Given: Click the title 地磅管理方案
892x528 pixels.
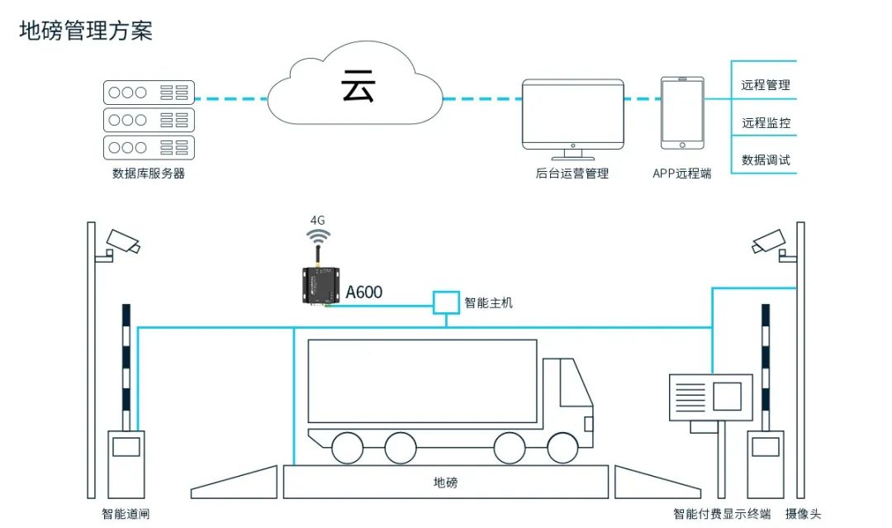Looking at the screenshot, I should point(86,31).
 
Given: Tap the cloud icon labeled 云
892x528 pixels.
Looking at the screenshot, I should point(356,88).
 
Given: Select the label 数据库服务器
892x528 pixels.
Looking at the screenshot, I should point(149,174).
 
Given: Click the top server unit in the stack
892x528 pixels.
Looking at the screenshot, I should point(149,93).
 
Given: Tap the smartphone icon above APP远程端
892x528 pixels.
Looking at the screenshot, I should point(682,113).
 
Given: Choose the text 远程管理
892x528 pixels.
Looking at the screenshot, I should point(766,84).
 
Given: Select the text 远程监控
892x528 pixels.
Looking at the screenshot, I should point(766,123).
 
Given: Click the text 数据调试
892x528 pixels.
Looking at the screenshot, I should point(766,159).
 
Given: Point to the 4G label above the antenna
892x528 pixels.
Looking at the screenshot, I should point(317,221).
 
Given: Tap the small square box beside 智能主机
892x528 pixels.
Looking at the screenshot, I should point(447,302).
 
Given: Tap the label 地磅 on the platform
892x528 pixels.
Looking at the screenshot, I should point(445,483).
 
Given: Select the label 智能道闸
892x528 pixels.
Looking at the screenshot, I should point(126,514).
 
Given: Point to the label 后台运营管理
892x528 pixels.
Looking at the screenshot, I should point(572,174).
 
